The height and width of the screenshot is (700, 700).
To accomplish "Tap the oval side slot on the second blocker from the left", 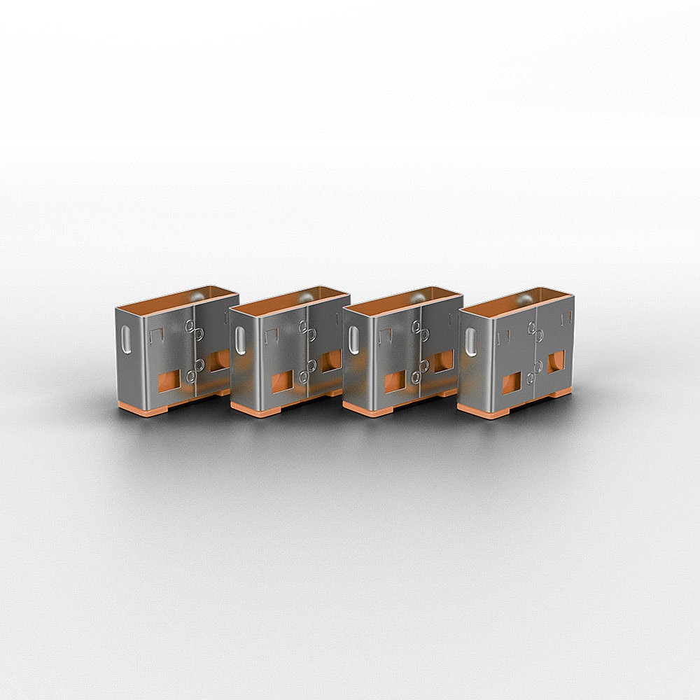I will point(240,341).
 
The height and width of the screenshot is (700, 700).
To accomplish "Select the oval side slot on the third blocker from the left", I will point(353,340).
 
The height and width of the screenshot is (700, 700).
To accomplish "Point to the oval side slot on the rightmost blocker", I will point(471,342).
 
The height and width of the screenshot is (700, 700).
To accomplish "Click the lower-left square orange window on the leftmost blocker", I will point(168,381).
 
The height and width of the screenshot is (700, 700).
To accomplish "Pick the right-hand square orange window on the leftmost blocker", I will point(218,360).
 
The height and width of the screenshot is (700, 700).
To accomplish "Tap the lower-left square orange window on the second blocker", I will point(281,381).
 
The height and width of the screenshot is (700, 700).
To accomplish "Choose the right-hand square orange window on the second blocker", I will point(331,360).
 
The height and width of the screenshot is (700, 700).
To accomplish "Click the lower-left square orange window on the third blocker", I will point(395,381).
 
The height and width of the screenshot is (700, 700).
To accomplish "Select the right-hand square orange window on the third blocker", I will point(443,361).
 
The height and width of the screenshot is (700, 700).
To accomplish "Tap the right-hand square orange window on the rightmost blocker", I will point(556,361).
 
